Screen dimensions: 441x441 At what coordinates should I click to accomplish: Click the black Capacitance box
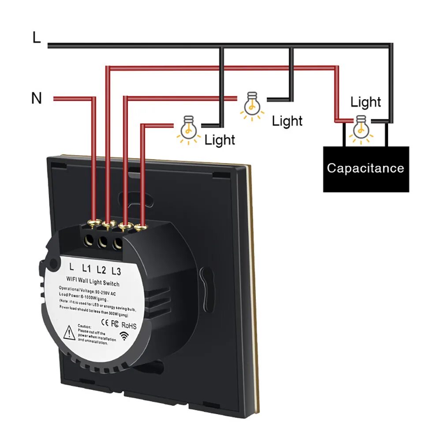point(366,169)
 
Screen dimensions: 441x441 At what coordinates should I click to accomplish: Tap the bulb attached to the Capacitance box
point(361,127)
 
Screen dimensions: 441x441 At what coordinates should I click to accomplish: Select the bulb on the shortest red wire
point(188,128)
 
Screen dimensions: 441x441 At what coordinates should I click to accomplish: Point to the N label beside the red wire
point(37,98)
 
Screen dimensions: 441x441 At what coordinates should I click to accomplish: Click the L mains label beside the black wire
point(37,38)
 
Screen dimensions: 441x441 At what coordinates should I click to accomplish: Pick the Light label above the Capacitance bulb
point(366,102)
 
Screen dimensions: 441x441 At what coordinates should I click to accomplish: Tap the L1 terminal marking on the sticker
point(86,268)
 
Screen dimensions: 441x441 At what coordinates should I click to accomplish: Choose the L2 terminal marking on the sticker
point(101,269)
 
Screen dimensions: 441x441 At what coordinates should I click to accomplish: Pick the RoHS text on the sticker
point(129,326)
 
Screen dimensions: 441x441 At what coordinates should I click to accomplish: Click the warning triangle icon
point(70,332)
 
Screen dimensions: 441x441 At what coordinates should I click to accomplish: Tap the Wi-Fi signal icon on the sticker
point(126,336)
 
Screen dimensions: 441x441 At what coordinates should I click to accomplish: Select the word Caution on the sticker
point(85,326)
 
